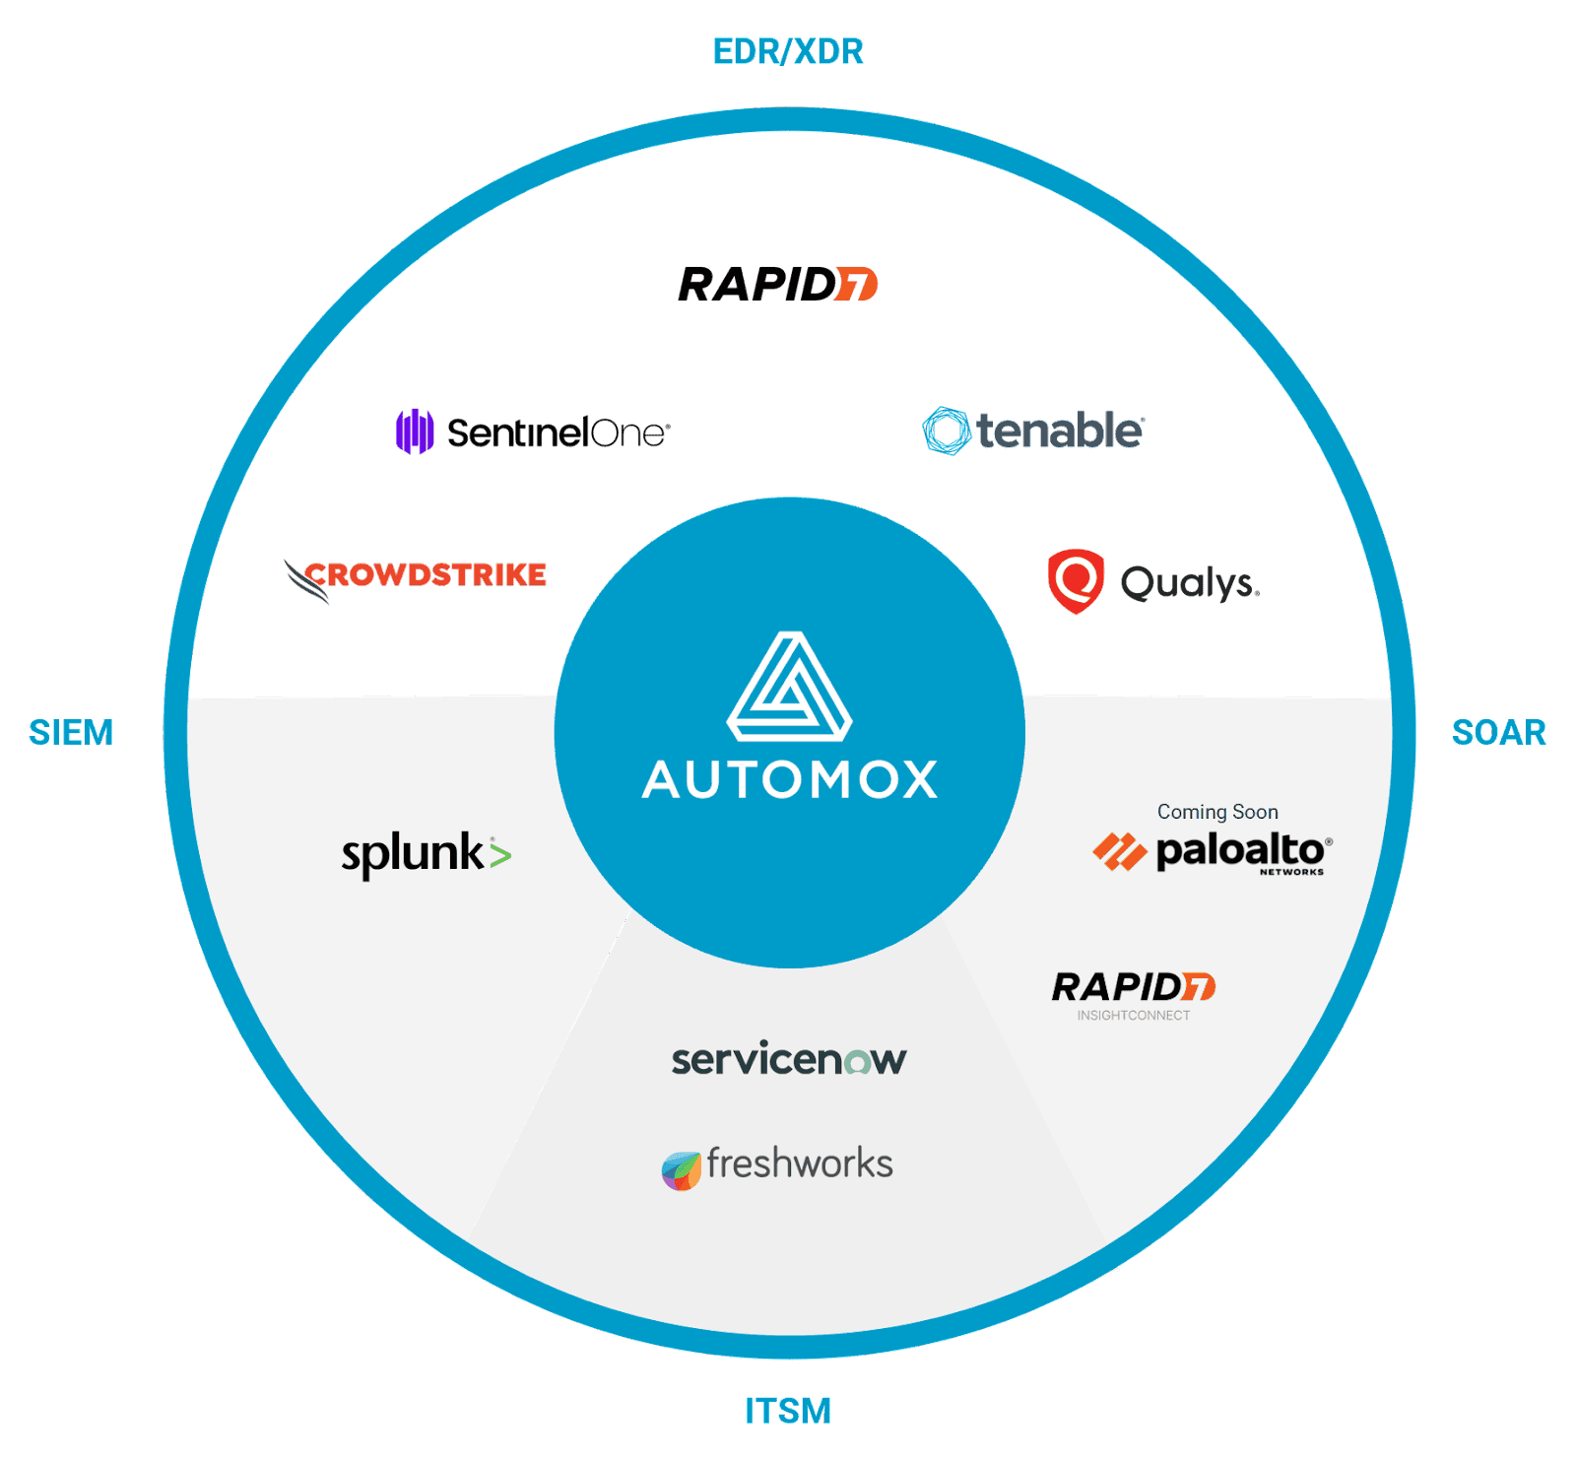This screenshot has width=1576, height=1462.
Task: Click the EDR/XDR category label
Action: click(x=788, y=51)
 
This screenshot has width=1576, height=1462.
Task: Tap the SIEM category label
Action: click(x=71, y=732)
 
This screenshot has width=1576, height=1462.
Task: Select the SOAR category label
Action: click(x=1498, y=732)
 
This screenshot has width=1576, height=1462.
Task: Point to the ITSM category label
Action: click(x=788, y=1411)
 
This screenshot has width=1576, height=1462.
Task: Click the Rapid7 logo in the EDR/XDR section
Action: click(x=777, y=284)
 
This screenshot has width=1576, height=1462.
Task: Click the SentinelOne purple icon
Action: click(x=415, y=432)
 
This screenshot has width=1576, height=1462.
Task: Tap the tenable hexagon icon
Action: click(x=946, y=431)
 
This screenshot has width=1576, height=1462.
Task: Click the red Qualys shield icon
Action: click(x=1076, y=581)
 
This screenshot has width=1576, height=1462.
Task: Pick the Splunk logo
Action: click(x=426, y=854)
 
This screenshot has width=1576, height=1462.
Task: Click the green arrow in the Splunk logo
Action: click(x=500, y=853)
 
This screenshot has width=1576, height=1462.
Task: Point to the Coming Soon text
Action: click(x=1217, y=812)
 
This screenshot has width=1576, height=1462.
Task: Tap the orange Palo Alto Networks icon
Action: click(x=1120, y=851)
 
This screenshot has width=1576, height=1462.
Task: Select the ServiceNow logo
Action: click(x=788, y=1060)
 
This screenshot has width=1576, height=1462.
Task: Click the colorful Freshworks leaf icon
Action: click(x=681, y=1170)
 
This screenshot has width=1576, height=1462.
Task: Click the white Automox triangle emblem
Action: click(x=789, y=687)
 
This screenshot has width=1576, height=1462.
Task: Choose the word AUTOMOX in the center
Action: click(x=789, y=780)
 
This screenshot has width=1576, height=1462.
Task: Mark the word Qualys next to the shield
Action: click(x=1190, y=583)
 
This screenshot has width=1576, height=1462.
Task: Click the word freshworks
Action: click(x=800, y=1163)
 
